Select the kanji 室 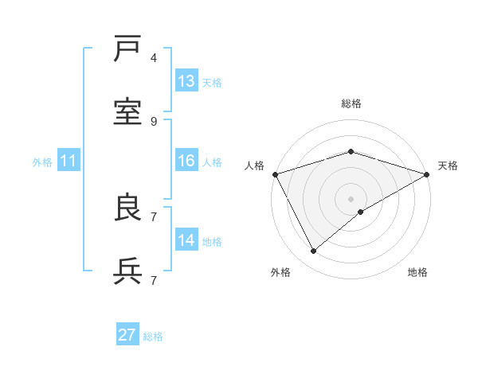click(128, 112)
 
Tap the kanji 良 click(128, 208)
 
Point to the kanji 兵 click(128, 271)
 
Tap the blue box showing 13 click(186, 81)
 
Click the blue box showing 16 click(186, 161)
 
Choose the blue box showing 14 click(186, 240)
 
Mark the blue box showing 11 click(69, 161)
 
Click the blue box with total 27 click(127, 335)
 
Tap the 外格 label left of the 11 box click(42, 162)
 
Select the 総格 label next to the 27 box click(153, 337)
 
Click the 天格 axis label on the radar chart click(448, 166)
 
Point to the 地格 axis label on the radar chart click(417, 272)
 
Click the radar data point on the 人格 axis click(275, 174)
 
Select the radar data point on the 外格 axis click(314, 251)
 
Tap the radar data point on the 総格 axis click(351, 151)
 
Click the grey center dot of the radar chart click(351, 198)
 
